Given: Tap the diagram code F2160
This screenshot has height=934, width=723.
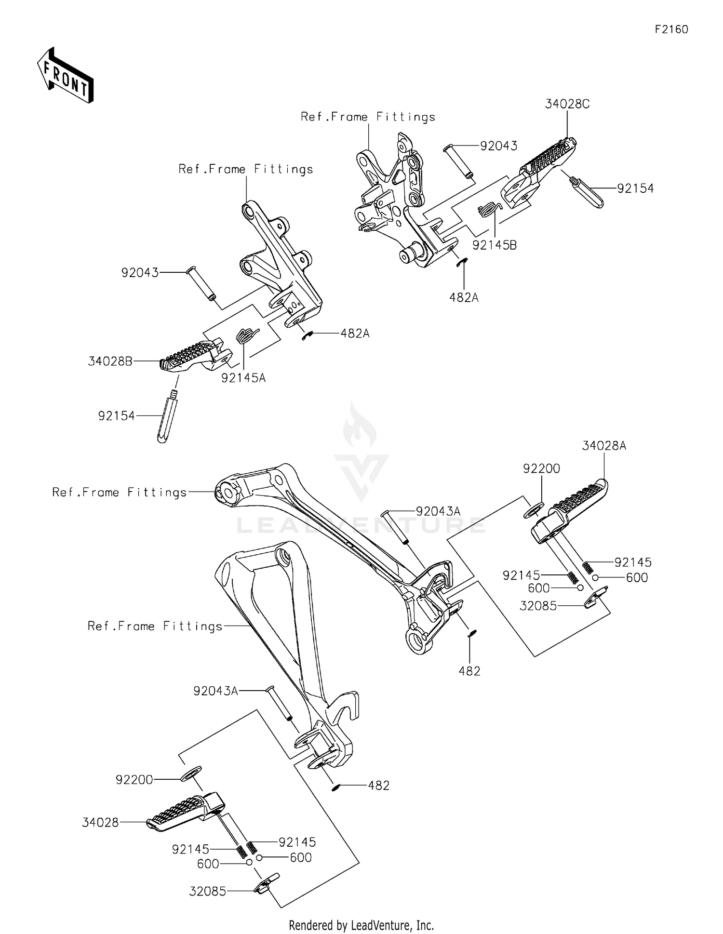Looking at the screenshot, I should tap(671, 29).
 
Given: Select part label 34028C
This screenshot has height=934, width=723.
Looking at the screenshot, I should tap(567, 104).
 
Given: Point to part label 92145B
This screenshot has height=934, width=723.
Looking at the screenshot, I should tap(494, 245).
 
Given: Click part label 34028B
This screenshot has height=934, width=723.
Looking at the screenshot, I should tap(110, 361).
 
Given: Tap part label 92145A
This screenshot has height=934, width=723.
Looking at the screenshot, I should tap(243, 378).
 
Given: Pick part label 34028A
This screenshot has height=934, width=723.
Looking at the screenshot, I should tap(603, 446).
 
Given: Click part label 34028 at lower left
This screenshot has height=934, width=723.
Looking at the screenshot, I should tap(100, 823).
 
